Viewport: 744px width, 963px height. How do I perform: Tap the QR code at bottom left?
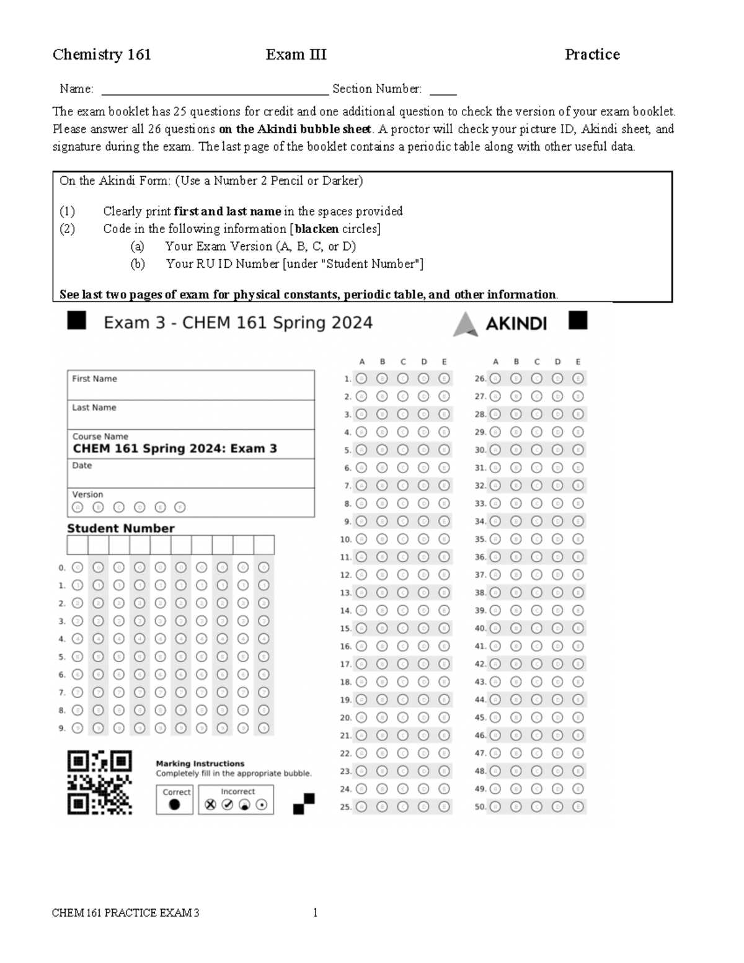(x=99, y=782)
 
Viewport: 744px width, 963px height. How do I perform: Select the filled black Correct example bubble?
(x=174, y=804)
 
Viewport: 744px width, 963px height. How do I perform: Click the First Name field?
(x=190, y=386)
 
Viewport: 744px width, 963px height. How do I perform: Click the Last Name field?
(x=190, y=415)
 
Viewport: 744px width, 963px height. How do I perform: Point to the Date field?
(x=190, y=473)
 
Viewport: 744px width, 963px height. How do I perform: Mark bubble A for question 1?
(x=361, y=378)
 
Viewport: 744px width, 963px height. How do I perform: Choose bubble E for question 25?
(x=444, y=807)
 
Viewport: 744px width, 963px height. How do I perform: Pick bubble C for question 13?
(x=403, y=593)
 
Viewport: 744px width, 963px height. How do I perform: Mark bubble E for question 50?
(x=578, y=807)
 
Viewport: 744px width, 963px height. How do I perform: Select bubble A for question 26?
(x=495, y=378)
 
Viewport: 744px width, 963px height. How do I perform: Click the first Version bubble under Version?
(x=77, y=507)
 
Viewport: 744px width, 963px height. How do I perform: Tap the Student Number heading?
(x=121, y=528)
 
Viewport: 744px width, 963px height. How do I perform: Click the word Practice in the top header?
(x=591, y=55)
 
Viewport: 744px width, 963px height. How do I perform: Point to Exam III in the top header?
(x=296, y=55)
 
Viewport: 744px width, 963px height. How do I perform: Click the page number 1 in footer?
(x=315, y=912)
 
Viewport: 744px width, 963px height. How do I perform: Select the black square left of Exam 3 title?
(x=76, y=321)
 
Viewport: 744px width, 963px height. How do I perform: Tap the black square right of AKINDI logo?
(x=577, y=321)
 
